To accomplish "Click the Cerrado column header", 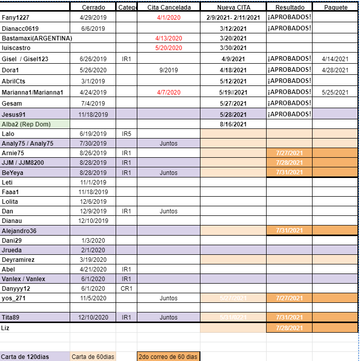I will click(x=93, y=8).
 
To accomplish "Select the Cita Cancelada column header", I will click(x=169, y=8).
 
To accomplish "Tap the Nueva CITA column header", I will click(x=233, y=8).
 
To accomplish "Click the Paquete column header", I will click(x=336, y=8).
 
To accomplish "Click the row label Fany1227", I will click(x=16, y=18).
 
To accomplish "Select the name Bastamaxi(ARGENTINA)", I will click(x=37, y=38).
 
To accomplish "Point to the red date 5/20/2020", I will click(x=169, y=48).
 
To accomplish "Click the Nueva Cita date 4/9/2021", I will click(x=233, y=59).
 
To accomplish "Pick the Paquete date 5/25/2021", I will click(x=335, y=93).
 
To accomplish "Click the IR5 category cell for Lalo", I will click(x=126, y=134).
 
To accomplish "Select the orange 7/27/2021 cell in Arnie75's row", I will click(x=289, y=153).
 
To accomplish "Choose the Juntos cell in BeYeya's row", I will click(x=169, y=172).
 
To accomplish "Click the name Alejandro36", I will click(x=19, y=231).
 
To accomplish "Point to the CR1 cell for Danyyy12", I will click(x=126, y=289).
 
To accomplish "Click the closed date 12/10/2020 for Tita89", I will click(x=93, y=318).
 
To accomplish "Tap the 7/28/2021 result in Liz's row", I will click(x=289, y=328).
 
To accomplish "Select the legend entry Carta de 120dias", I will click(x=25, y=357).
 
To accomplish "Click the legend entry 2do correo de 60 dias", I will click(x=168, y=357).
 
